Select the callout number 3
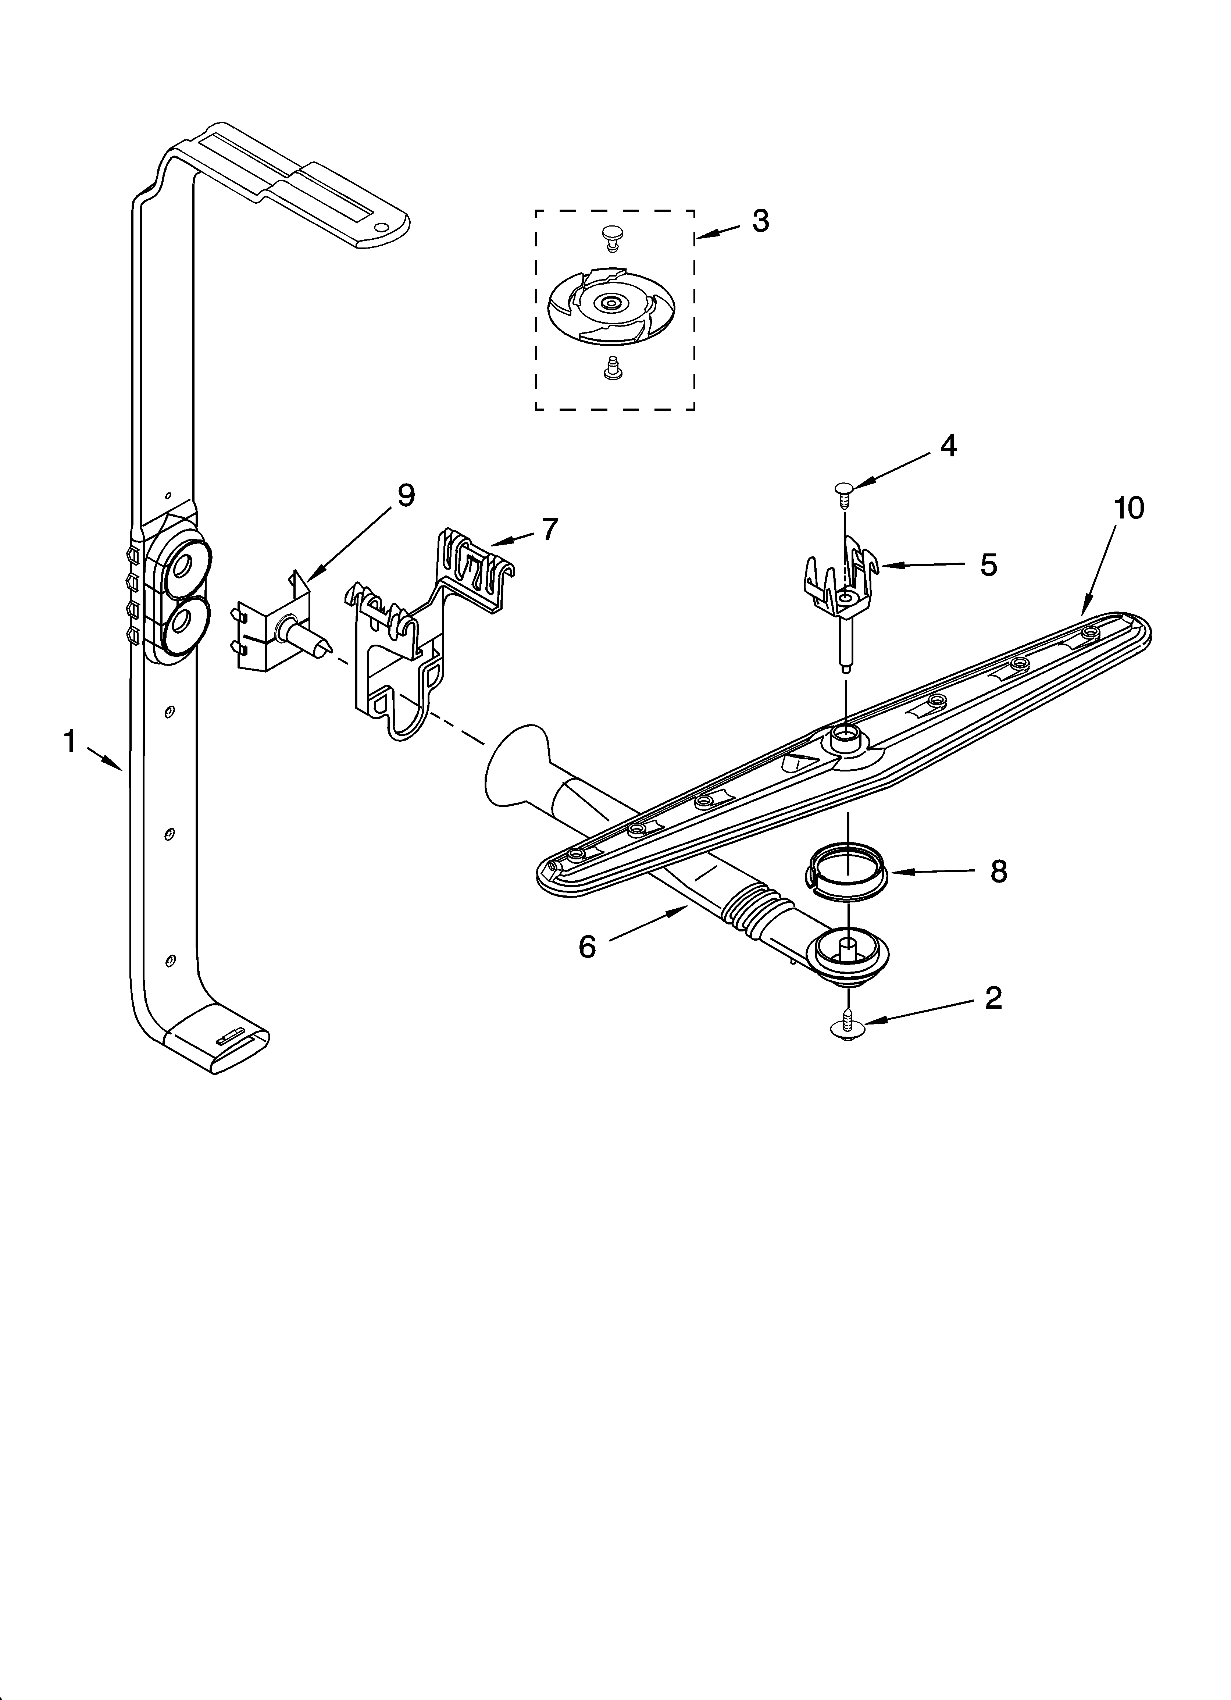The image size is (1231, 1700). pos(760,221)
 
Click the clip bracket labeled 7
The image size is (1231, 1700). pos(420,630)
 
